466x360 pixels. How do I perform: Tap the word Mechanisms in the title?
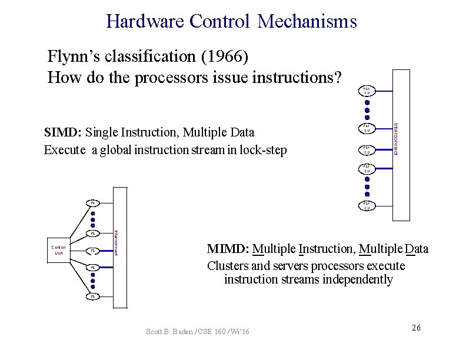307,22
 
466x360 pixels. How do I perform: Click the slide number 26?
416,328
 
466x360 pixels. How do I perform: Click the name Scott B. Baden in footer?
167,332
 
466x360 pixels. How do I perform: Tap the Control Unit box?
59,250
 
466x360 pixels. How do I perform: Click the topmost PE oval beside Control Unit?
92,203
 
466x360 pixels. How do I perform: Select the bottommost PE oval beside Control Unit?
92,296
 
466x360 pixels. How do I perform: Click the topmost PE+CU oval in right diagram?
367,91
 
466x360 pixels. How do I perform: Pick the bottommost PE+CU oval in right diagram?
367,206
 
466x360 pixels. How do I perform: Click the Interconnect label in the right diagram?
396,139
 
